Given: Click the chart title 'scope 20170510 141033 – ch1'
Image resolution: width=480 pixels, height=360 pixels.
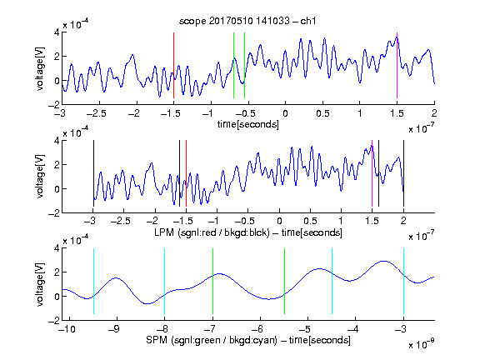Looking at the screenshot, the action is (247, 21).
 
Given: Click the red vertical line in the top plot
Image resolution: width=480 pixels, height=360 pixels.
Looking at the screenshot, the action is (173, 65).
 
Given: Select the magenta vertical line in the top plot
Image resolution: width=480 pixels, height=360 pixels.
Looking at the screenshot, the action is (397, 65).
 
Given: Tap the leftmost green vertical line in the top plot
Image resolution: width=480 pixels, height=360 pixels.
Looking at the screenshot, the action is (233, 65).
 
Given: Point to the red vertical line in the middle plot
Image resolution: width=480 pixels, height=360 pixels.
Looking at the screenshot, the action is (186, 173).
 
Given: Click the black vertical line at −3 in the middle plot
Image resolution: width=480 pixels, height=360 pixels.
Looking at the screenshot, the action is (93, 173).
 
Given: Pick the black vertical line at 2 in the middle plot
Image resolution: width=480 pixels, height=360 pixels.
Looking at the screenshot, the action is (403, 173).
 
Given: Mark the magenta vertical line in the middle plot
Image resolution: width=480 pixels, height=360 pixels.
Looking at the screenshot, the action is (372, 173).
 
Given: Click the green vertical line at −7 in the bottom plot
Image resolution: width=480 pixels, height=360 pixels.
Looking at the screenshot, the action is (212, 281).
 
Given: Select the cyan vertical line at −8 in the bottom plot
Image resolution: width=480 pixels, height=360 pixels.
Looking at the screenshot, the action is (165, 281).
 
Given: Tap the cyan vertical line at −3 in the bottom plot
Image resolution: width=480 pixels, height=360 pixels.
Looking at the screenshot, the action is (404, 281).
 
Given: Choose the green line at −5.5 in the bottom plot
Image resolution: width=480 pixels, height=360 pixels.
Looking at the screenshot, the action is (285, 281).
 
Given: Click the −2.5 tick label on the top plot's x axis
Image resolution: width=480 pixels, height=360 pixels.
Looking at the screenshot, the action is (97, 113).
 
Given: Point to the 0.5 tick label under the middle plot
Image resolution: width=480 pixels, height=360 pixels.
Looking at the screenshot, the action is (310, 221).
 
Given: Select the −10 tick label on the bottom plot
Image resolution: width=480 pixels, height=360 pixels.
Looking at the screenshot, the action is (67, 329).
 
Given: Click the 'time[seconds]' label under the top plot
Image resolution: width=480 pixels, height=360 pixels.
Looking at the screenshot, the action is (248, 124).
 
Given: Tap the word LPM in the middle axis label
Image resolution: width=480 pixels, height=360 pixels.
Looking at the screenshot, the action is (164, 232).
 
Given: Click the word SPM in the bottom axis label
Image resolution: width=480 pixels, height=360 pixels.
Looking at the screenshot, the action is (157, 340).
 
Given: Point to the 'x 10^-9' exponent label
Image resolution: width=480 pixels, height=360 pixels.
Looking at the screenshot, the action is (421, 343).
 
